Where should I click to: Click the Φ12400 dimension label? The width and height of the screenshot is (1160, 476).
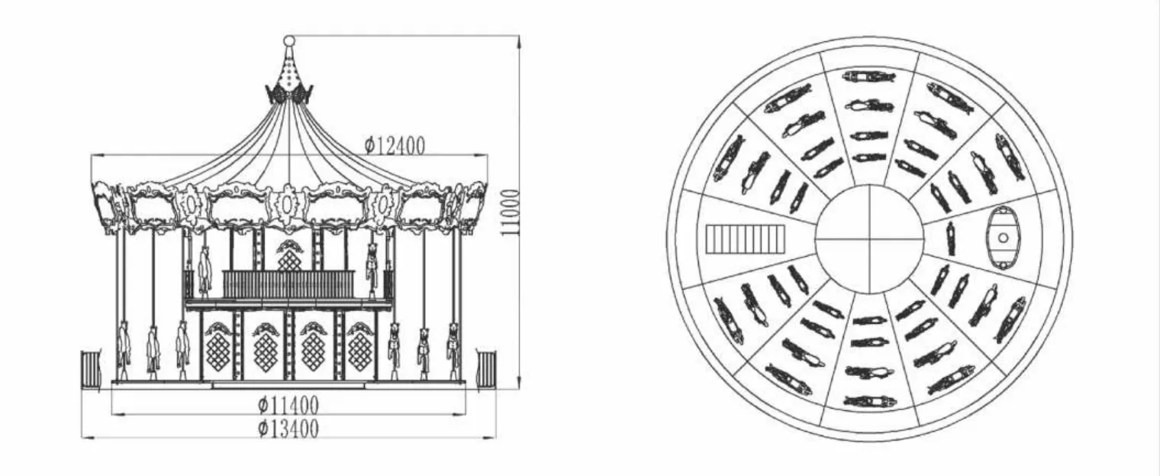point(395,145)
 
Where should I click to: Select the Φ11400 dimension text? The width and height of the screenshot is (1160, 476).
point(288,404)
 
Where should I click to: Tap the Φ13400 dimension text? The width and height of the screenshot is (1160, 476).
point(288,429)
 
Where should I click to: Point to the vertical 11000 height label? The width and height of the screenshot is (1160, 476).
point(510,212)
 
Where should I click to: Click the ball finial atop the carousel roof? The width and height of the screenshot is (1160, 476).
point(289,40)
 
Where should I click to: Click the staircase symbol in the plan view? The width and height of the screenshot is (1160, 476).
point(745,238)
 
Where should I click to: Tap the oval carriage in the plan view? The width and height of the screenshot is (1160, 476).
point(1003,238)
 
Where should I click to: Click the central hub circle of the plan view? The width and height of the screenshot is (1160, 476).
point(869,239)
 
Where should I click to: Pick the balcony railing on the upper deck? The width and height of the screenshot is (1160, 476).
point(289,284)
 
